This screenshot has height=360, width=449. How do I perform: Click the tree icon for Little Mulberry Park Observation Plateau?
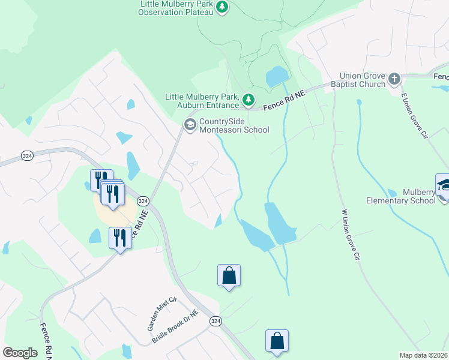[223, 8]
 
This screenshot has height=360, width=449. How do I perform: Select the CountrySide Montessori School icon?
[190, 125]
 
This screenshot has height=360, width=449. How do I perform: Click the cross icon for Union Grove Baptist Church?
[394, 79]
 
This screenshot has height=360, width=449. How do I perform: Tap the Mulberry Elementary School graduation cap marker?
[443, 185]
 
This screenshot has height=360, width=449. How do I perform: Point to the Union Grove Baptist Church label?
[354, 80]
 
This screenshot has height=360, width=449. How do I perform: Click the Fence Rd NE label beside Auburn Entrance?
[285, 100]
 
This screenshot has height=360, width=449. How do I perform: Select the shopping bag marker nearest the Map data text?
[277, 341]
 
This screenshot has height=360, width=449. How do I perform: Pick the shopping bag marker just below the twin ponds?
[229, 275]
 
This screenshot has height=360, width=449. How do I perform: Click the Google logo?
[20, 353]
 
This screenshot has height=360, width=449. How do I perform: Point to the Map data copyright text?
[424, 355]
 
